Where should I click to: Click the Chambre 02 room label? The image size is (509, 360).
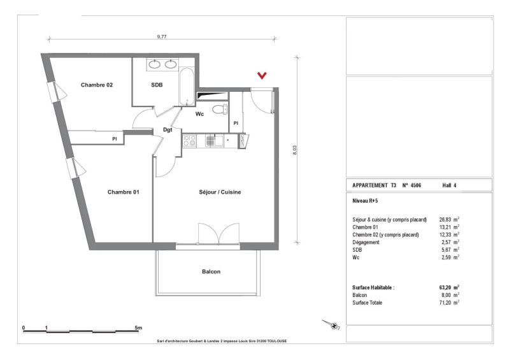(x=97, y=85)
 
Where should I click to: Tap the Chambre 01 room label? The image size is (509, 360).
(x=124, y=192)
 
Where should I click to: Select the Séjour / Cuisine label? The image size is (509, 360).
(x=220, y=192)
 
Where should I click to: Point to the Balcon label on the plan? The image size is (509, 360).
(x=211, y=271)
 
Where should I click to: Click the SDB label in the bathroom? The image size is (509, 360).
(x=157, y=85)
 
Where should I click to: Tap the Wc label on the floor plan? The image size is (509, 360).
(x=199, y=114)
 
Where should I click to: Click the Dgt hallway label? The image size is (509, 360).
(x=168, y=130)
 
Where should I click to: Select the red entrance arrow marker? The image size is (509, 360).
(x=262, y=76)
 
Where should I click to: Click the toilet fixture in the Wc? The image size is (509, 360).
(x=220, y=109)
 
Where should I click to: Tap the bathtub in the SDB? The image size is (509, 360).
(x=187, y=87)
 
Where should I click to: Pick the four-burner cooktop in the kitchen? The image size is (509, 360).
(x=190, y=141)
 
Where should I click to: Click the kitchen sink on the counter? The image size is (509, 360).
(x=215, y=141)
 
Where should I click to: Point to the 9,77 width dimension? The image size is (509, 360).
(x=162, y=37)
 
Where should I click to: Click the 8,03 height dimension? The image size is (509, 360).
(x=294, y=150)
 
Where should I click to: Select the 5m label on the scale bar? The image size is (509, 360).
(x=138, y=328)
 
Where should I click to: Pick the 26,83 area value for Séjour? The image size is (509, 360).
(x=445, y=220)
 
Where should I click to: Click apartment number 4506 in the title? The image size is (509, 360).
(x=415, y=185)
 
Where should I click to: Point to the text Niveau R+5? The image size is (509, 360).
(x=365, y=201)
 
